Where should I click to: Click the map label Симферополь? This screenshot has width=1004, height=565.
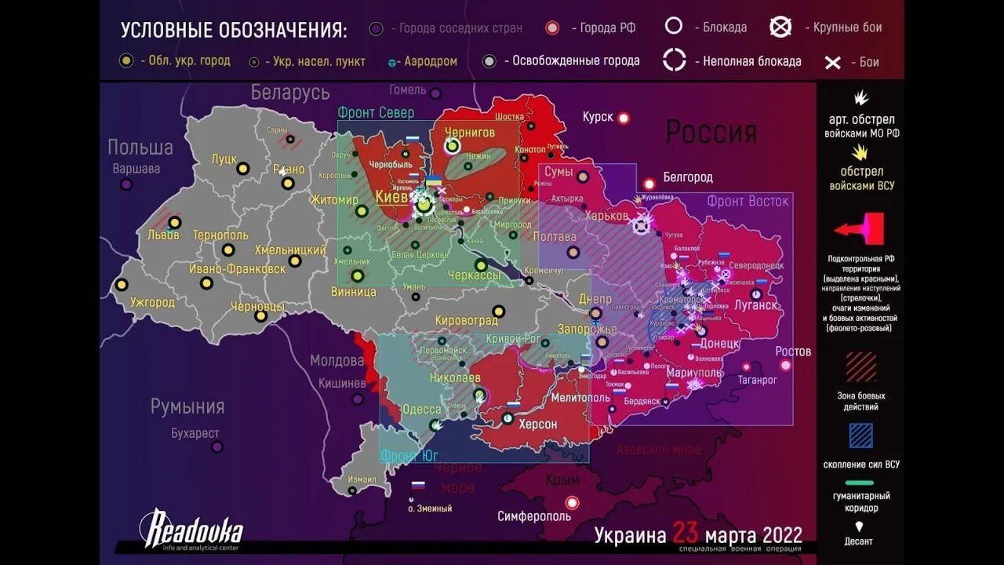point(533,516)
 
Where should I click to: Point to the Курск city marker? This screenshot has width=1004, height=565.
point(624,118)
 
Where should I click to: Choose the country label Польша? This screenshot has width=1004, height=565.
point(140,147)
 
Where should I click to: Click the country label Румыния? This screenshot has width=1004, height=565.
point(187,406)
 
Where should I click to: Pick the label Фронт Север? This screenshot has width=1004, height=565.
point(376,112)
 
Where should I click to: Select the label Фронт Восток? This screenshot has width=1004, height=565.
point(748,201)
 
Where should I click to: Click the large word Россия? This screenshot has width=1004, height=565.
point(711,132)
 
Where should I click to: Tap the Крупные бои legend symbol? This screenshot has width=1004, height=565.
point(780,27)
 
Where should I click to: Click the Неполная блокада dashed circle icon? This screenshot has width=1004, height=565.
point(675,60)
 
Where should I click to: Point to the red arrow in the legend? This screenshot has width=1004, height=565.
point(860,229)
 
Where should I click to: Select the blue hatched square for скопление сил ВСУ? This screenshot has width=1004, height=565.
point(860,436)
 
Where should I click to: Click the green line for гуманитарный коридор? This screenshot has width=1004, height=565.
point(860,483)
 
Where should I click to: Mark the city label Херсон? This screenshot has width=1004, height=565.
point(537,424)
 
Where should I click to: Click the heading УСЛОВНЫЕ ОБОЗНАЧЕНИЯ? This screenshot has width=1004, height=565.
point(234,31)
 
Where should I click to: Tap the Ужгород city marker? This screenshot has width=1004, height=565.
point(122,285)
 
